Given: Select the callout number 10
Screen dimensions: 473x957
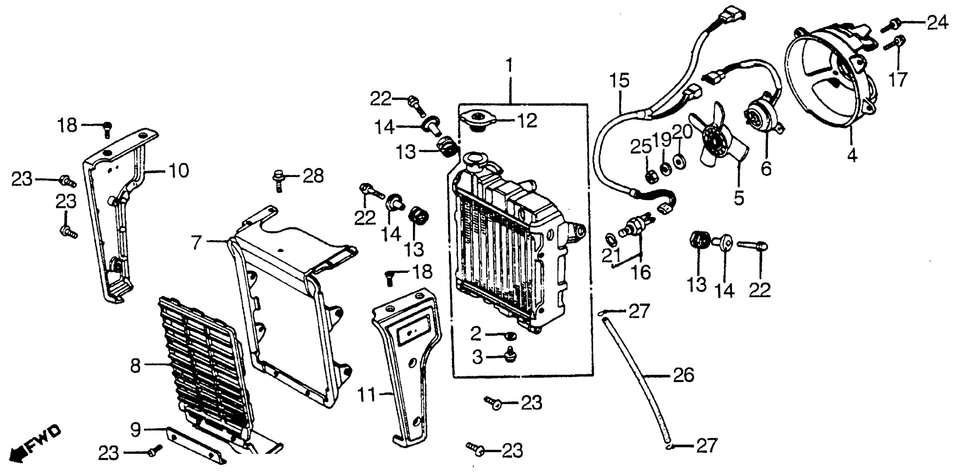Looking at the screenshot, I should pyautogui.click(x=179, y=171).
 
